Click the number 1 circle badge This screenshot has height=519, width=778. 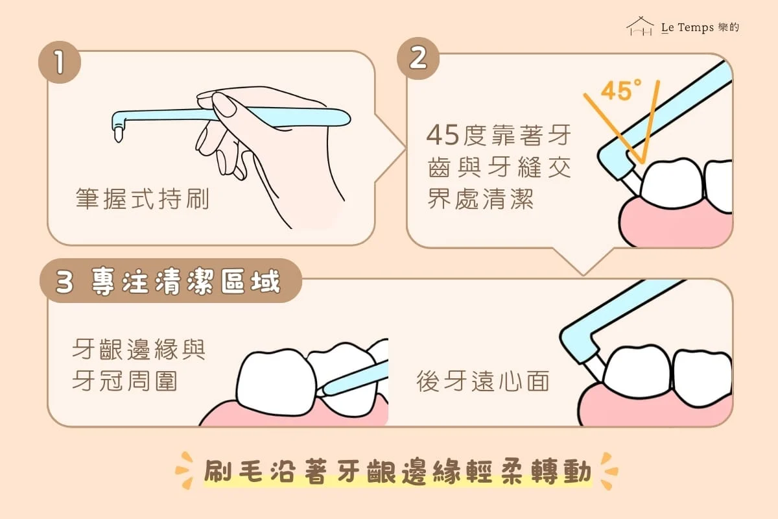(60, 62)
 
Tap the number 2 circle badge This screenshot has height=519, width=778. (418, 58)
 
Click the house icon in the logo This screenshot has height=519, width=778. (640, 26)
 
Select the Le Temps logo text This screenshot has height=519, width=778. (700, 27)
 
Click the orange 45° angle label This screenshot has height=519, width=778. (620, 90)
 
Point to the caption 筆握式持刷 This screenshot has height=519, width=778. (143, 199)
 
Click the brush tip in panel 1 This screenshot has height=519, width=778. (119, 134)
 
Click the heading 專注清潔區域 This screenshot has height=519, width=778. (185, 282)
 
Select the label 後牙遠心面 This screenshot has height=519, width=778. (483, 381)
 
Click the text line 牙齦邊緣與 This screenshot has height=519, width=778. (139, 350)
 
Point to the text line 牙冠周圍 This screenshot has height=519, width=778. (124, 381)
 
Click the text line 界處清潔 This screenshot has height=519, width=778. (480, 199)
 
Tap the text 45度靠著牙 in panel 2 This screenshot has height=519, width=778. (499, 135)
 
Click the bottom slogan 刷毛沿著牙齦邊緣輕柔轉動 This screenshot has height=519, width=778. (397, 472)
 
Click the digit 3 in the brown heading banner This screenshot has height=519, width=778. (65, 282)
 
